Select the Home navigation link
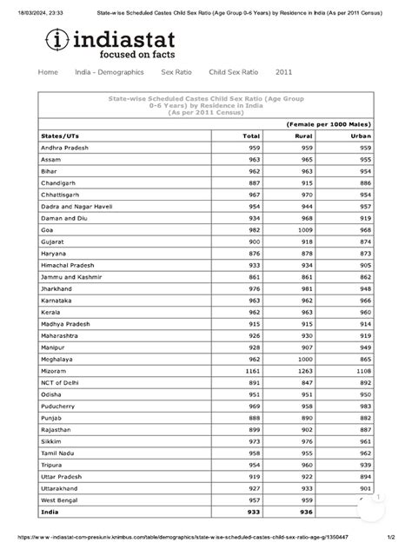(49, 72)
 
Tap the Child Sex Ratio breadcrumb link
(233, 72)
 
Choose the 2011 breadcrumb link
(284, 72)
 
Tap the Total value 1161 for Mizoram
(251, 371)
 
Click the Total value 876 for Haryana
(253, 252)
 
